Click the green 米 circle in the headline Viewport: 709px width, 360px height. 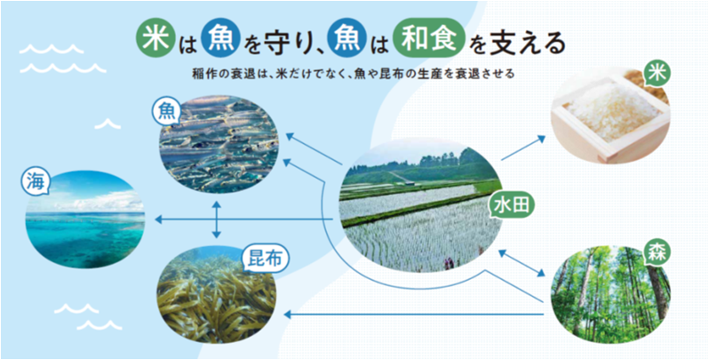tap(155, 39)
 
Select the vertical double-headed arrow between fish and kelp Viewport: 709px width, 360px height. tap(217, 220)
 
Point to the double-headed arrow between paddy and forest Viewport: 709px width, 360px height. tap(522, 263)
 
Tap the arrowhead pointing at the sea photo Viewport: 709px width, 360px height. tap(159, 220)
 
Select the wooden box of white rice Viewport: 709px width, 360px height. tap(610, 116)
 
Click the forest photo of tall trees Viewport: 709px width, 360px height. tap(610, 294)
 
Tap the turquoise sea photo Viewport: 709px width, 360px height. tap(85, 220)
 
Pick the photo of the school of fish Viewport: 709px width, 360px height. tap(219, 144)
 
